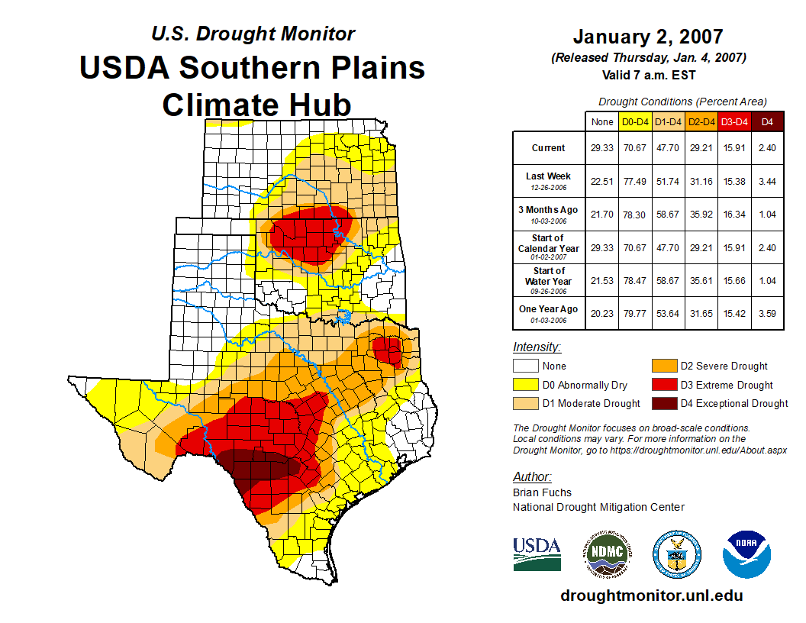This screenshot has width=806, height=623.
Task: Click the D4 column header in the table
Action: pyautogui.click(x=768, y=121)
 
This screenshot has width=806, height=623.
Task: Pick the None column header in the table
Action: pyautogui.click(x=601, y=121)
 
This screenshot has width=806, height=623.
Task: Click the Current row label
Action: pyautogui.click(x=548, y=148)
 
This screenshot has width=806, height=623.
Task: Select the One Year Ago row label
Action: pyautogui.click(x=548, y=309)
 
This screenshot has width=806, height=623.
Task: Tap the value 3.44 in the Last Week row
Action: pyautogui.click(x=768, y=181)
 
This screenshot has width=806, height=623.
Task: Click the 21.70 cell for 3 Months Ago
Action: pyautogui.click(x=601, y=215)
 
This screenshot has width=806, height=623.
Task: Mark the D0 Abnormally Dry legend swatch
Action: pyautogui.click(x=526, y=385)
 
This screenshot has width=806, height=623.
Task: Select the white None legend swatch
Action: pyautogui.click(x=526, y=366)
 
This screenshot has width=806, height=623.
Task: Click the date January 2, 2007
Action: pyautogui.click(x=647, y=36)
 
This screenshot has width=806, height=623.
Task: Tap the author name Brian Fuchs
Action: pyautogui.click(x=542, y=492)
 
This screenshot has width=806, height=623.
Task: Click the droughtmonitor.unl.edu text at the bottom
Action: pyautogui.click(x=651, y=596)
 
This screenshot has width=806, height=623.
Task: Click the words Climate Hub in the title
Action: pyautogui.click(x=256, y=105)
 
